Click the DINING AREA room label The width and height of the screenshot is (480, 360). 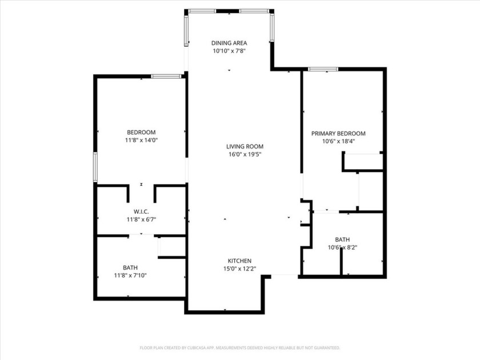pos(229,43)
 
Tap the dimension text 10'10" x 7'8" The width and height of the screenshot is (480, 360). pos(229,50)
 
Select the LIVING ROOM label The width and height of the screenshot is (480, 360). pos(245,146)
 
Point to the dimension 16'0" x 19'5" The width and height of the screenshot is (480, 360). pos(245,154)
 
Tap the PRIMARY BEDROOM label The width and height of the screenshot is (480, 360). pos(338,134)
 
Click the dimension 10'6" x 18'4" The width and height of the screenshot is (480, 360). pos(338,141)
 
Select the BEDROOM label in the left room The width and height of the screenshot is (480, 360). pos(141,133)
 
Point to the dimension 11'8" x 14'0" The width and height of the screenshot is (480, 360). pos(141,140)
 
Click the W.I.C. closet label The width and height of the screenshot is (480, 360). pos(141,211)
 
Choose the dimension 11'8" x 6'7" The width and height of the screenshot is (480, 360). pos(141,219)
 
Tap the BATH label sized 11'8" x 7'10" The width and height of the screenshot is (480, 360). pos(130,267)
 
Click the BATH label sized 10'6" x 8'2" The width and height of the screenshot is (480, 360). pos(342,240)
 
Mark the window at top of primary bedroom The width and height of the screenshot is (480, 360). pos(323,69)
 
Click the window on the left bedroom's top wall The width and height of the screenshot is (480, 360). pos(166,76)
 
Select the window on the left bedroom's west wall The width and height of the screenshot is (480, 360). pos(95,166)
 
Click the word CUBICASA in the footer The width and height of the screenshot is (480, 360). pos(212,347)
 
